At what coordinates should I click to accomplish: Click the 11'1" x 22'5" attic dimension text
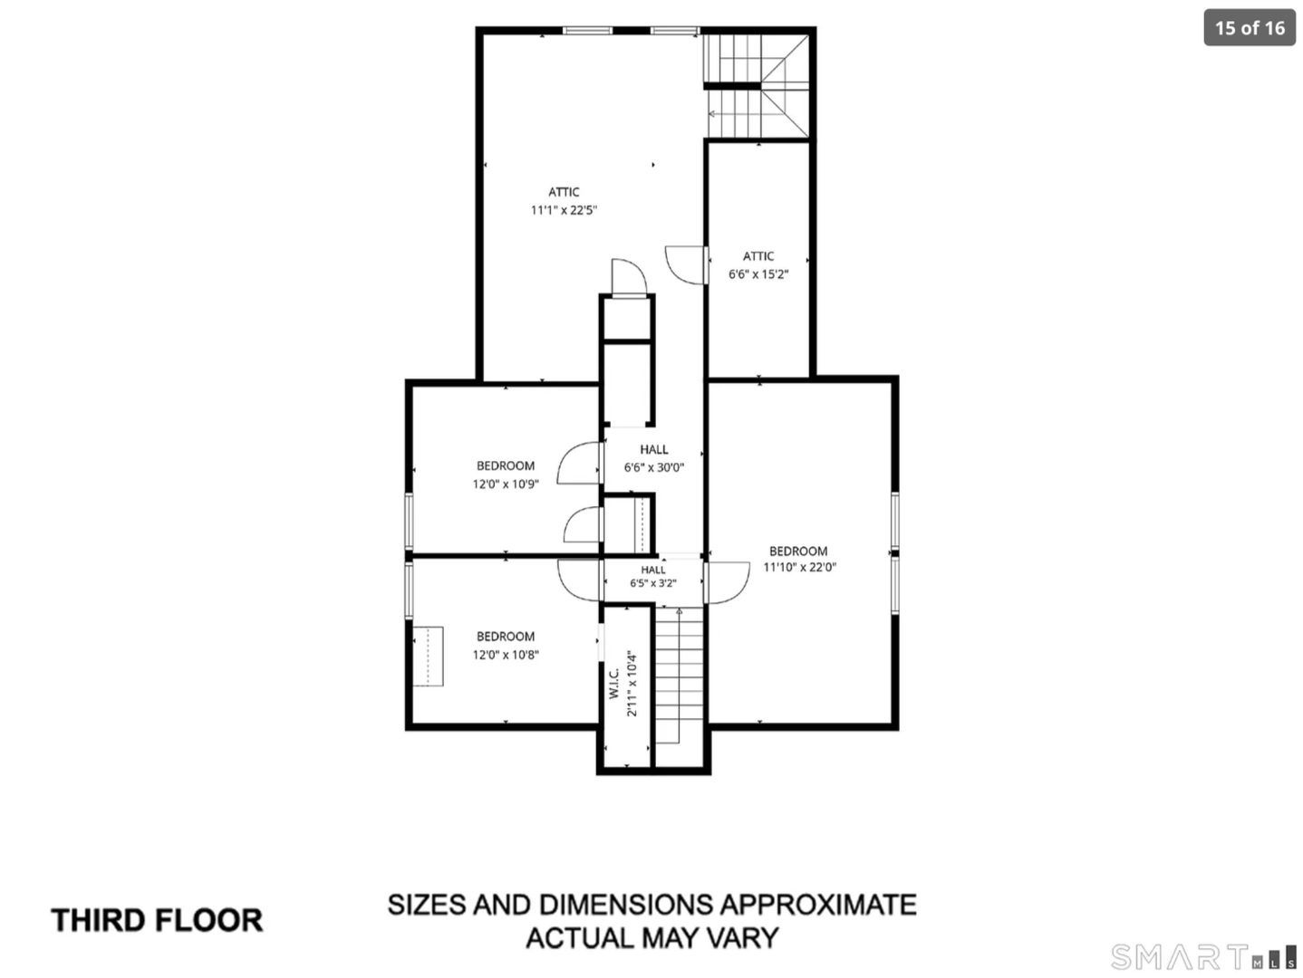tap(564, 210)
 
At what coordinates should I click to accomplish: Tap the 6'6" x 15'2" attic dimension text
tap(758, 274)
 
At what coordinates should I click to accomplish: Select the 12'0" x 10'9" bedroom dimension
tap(506, 484)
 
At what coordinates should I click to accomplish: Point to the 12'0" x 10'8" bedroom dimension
tap(506, 655)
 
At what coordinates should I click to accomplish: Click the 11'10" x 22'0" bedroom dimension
tap(799, 567)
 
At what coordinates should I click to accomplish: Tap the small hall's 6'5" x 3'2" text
tap(653, 583)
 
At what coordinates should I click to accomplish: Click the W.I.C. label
tap(614, 682)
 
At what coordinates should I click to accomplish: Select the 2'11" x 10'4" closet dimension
tap(632, 685)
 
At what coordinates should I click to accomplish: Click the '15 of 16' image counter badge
tap(1249, 28)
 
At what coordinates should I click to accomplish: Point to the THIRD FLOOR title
tap(157, 920)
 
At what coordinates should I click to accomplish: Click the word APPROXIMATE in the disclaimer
tap(818, 905)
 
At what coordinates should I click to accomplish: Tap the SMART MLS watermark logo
tap(1202, 956)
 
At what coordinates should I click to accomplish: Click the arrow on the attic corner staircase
tap(735, 114)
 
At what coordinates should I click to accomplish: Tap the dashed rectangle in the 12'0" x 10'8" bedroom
tap(428, 657)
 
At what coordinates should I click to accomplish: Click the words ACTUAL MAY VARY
tap(651, 938)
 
